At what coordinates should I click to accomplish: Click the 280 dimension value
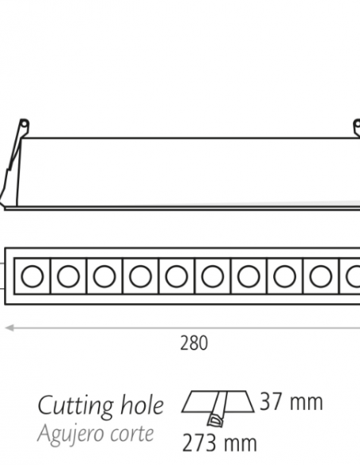(x=194, y=343)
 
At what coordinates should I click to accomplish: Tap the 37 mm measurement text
(x=292, y=402)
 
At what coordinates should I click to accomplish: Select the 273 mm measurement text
(x=220, y=443)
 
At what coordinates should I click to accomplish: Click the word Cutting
(x=76, y=407)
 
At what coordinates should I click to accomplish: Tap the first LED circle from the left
(x=33, y=276)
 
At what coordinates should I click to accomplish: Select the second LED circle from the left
(x=68, y=276)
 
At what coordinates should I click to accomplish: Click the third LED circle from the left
(x=104, y=276)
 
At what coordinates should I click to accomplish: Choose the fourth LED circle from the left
(x=140, y=276)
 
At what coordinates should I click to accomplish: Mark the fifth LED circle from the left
(x=177, y=276)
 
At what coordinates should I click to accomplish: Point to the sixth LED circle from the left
(x=213, y=276)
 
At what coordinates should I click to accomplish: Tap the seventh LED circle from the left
(x=248, y=276)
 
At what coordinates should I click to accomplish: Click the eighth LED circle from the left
(x=284, y=276)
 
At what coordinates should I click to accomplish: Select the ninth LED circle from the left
(x=321, y=276)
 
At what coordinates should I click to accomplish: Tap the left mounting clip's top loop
(x=24, y=123)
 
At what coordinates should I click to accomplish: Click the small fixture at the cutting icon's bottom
(x=215, y=421)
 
